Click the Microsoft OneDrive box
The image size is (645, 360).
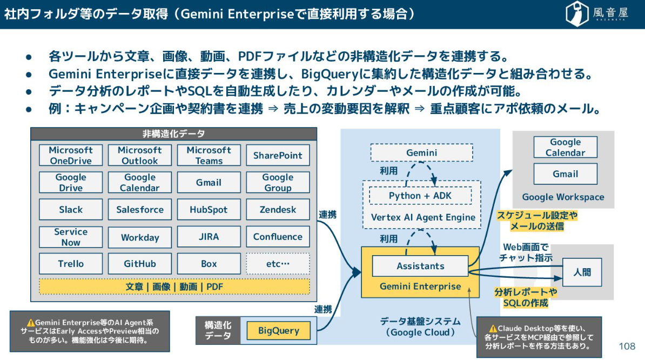coord(71,155)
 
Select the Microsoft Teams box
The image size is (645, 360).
coord(209,155)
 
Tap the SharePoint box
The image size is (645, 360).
coord(278,155)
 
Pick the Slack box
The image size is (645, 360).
coord(71,210)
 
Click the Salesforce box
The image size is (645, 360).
coord(140,210)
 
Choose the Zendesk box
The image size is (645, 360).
coord(278,210)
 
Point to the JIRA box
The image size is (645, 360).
coord(209,237)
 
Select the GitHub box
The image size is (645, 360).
coord(140,264)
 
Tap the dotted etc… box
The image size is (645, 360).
coord(278,264)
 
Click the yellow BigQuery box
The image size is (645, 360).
coord(278,330)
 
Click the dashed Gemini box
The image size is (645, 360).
coord(421,153)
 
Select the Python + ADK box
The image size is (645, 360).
coord(420,196)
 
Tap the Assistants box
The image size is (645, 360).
coord(420,266)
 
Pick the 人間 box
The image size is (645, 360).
coord(582,272)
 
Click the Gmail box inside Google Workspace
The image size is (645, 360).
coord(565,174)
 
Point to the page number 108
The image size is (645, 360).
coord(627,346)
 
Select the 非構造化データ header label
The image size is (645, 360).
coord(173,134)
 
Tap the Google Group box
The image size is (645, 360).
coord(278,183)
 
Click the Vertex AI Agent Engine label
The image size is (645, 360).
coord(423,217)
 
